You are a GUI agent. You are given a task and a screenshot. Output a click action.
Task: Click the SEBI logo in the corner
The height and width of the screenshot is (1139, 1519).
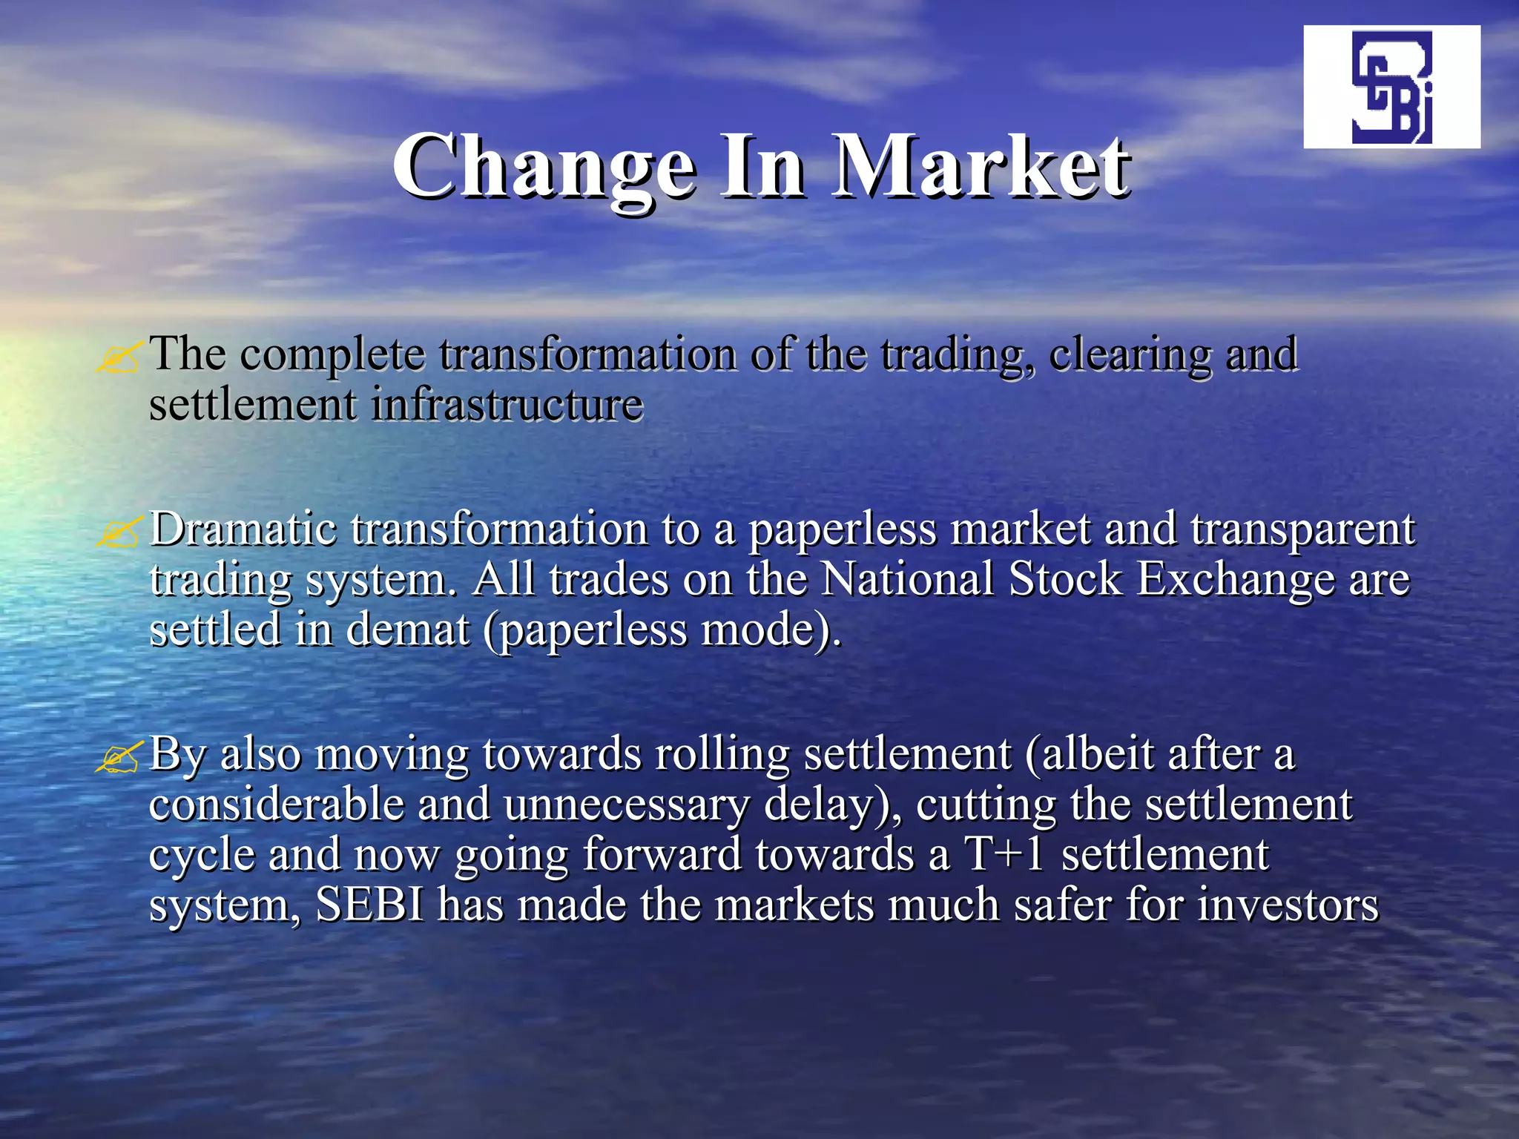coord(1391,87)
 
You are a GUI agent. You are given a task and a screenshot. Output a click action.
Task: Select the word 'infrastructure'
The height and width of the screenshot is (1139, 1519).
coord(507,405)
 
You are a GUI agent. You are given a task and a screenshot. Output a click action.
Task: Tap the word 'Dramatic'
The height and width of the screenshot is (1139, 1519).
coord(243,529)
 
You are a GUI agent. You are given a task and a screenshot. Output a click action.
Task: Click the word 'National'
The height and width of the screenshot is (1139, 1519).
coord(908,579)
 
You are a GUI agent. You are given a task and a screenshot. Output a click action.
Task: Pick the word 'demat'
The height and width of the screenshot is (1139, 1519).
coord(407,630)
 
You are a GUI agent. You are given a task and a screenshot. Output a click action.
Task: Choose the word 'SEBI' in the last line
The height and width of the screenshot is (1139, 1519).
coord(370,905)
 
